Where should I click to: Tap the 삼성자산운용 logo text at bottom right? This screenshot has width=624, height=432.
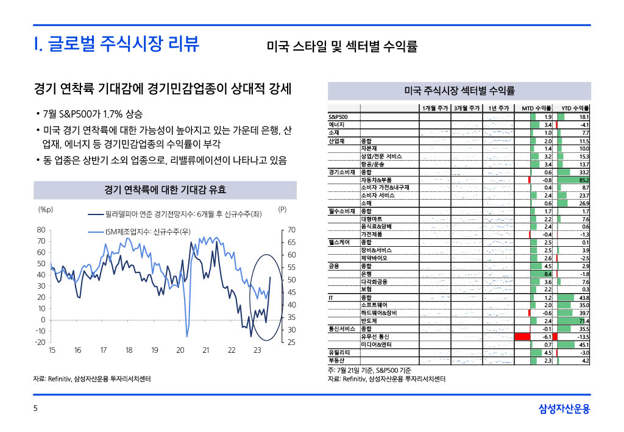(x=564, y=409)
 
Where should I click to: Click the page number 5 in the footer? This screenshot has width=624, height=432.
(x=35, y=409)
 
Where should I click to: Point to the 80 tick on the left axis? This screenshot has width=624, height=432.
(x=41, y=230)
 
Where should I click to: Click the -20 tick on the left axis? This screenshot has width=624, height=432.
(x=40, y=342)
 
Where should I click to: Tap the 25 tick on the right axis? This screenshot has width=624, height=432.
(x=291, y=342)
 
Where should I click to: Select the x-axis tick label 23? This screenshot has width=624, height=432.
(x=257, y=350)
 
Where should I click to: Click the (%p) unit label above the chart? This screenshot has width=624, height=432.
(x=46, y=209)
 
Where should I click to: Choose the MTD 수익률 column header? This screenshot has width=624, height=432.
(x=536, y=108)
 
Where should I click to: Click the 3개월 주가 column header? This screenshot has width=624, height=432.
(x=467, y=108)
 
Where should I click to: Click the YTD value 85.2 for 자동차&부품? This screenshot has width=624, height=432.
(x=583, y=180)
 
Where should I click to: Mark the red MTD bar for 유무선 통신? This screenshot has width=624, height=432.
(x=523, y=336)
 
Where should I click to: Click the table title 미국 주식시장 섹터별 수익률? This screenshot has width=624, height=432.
(x=459, y=91)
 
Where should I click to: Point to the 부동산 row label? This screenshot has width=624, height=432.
(x=337, y=360)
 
